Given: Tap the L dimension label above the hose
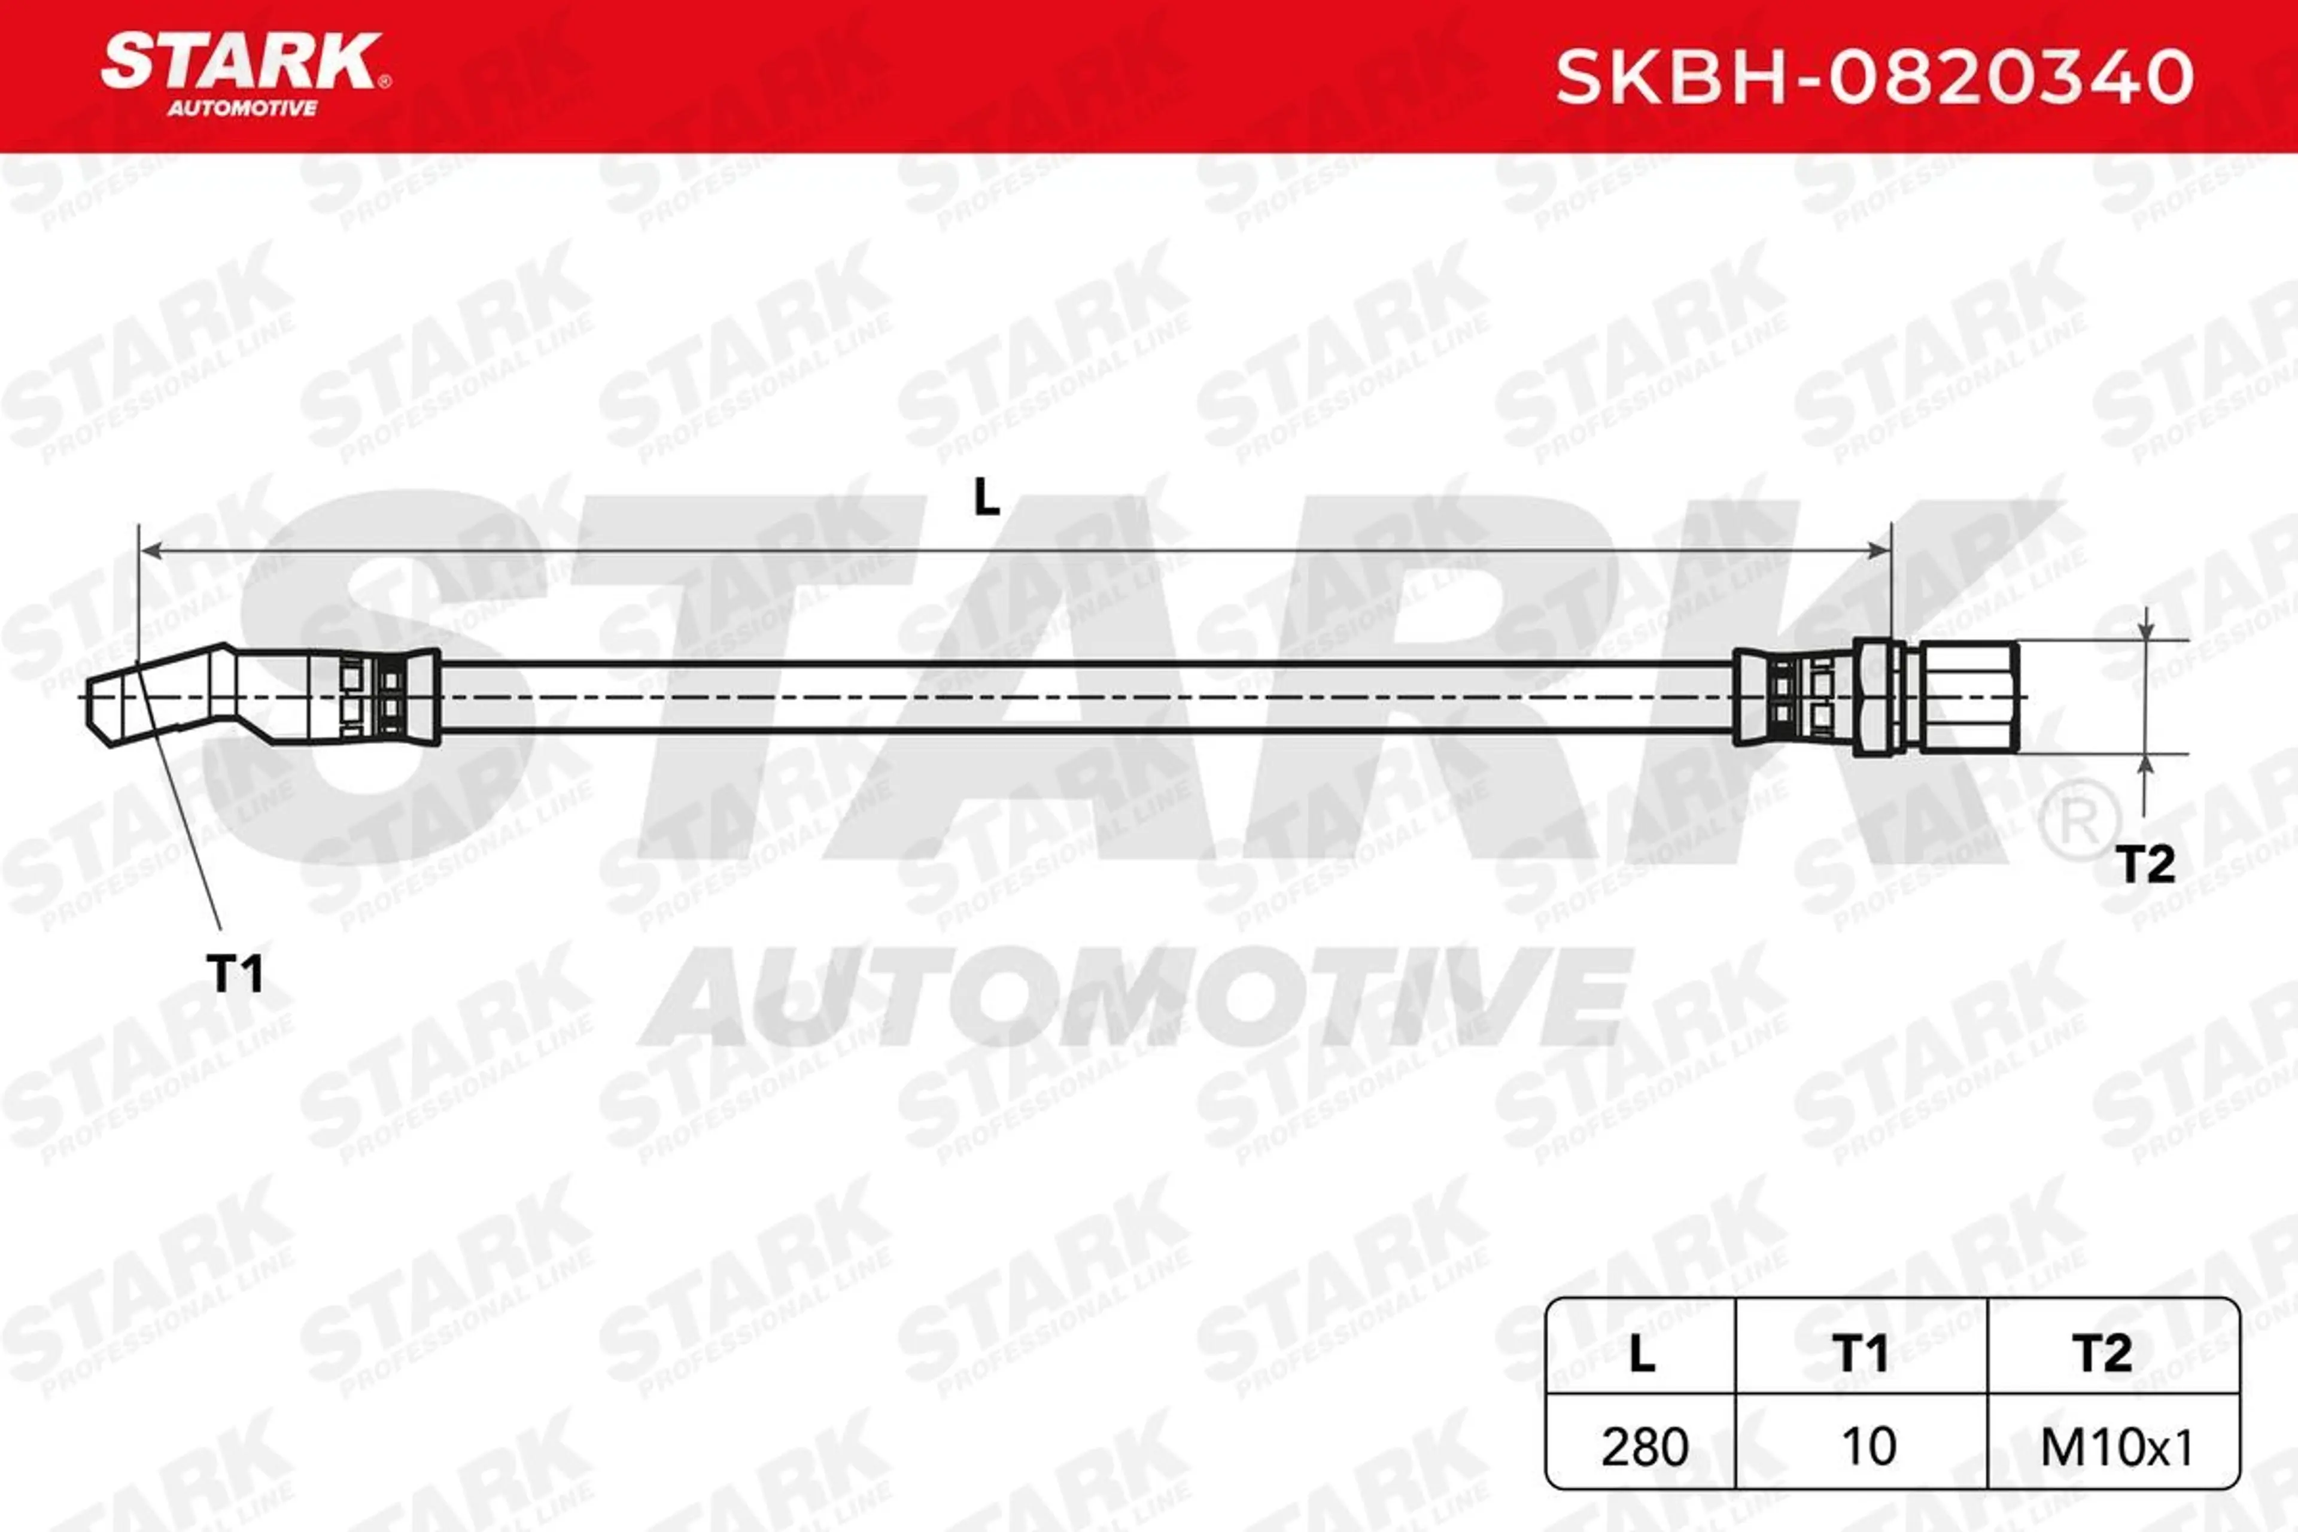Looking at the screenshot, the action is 987,499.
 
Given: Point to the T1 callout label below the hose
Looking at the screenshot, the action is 235,974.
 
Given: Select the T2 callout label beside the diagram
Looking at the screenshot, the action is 2145,865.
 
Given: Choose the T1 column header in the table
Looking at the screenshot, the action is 1861,1353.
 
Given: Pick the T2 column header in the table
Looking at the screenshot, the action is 2102,1353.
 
